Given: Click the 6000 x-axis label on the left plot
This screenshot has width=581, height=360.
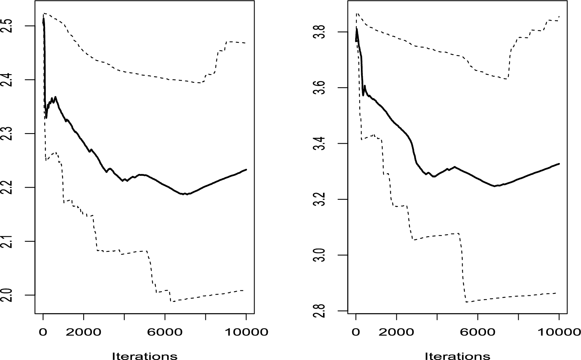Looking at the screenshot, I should point(165,332).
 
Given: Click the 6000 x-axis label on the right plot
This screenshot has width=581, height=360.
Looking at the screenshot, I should point(478,332).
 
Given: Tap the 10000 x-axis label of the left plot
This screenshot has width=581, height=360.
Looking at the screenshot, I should point(246,332).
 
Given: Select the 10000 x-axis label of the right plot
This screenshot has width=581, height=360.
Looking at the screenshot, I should point(558,332).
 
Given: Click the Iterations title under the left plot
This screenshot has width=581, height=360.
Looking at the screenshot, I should point(144,355).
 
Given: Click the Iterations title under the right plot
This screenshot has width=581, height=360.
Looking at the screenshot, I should point(457,355).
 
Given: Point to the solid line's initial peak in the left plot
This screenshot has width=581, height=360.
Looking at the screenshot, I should point(43,18).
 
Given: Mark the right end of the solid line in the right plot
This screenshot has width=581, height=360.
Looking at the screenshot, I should point(559,164).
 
